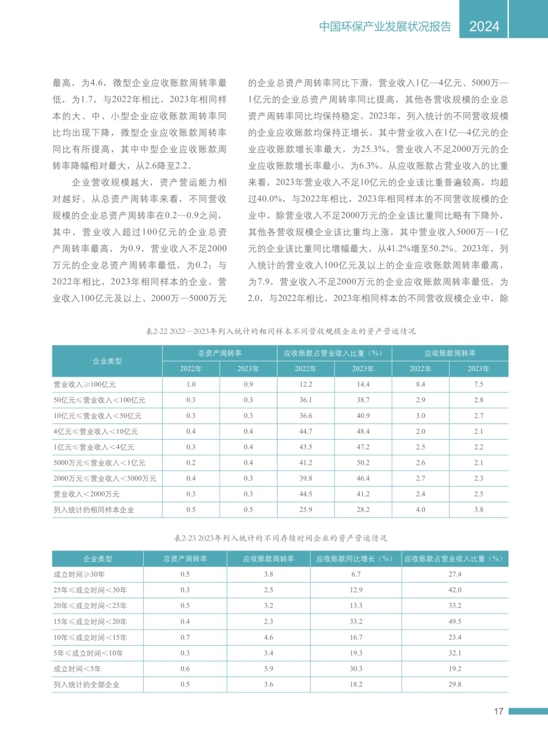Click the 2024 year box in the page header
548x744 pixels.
(x=484, y=26)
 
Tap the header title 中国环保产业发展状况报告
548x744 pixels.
(x=385, y=26)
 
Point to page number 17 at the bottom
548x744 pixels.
(x=498, y=711)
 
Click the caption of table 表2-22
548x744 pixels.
(x=281, y=331)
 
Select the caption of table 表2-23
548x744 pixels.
(x=281, y=538)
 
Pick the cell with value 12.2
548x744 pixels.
(x=305, y=384)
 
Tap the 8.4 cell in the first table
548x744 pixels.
(x=420, y=384)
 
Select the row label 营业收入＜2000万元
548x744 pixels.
(x=87, y=494)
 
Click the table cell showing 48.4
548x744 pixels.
(x=363, y=431)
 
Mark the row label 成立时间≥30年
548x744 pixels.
(x=79, y=574)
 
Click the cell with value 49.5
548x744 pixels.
(x=455, y=621)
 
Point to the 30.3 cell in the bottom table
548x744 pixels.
(x=356, y=669)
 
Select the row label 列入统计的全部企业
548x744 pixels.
(x=87, y=685)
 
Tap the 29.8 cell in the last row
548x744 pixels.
(x=455, y=685)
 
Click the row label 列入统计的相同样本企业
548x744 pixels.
(x=94, y=510)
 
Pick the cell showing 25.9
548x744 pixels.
(x=305, y=510)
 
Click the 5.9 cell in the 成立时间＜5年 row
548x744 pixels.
(x=268, y=669)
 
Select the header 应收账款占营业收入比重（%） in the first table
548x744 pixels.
(x=334, y=353)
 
